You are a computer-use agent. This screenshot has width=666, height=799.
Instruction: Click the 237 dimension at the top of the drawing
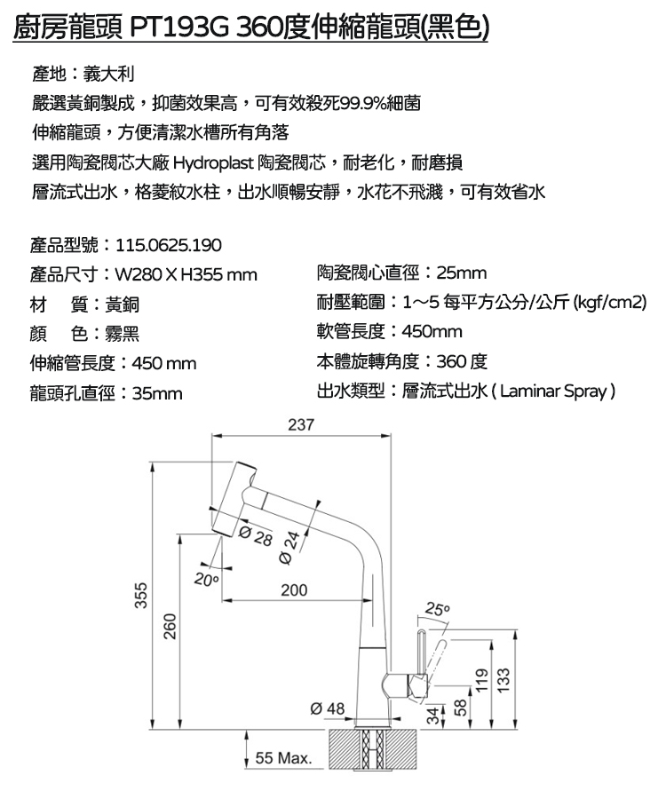click(x=301, y=424)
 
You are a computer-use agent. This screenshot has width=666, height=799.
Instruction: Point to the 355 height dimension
click(x=141, y=595)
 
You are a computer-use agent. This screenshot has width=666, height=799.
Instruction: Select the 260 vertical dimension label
click(x=170, y=626)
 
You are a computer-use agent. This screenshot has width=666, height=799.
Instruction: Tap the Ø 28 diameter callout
click(x=256, y=536)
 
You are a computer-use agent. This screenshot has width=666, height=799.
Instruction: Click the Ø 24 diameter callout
click(x=290, y=547)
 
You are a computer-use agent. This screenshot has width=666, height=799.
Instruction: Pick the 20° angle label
click(x=206, y=580)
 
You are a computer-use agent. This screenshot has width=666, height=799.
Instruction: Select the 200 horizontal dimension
click(x=294, y=590)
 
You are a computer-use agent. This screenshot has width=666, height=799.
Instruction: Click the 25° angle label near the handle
click(x=438, y=608)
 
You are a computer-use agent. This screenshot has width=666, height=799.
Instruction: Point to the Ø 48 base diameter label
click(x=328, y=708)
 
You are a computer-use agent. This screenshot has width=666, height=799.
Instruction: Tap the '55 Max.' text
click(x=283, y=758)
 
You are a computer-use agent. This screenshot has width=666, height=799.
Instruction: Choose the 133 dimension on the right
click(x=503, y=681)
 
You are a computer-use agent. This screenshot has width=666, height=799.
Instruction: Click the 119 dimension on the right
click(x=481, y=681)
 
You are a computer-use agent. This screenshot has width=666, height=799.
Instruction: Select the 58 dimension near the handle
click(x=460, y=708)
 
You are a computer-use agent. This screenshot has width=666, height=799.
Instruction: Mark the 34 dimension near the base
click(x=432, y=716)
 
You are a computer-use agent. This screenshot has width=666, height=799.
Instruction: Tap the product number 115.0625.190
click(x=169, y=245)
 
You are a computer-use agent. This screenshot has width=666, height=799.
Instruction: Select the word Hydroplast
click(x=213, y=163)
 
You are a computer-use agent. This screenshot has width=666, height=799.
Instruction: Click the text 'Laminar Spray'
click(x=553, y=392)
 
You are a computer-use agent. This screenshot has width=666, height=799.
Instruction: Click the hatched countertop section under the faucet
click(x=373, y=748)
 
